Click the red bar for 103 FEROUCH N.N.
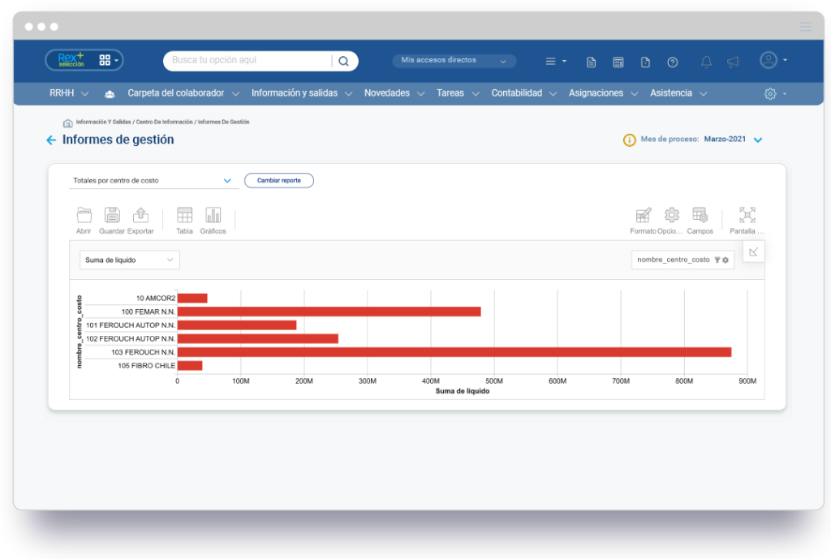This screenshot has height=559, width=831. [454, 352]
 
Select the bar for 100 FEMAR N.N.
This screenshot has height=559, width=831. [329, 312]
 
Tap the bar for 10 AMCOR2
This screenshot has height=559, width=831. [192, 298]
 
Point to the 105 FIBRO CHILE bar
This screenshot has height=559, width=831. [190, 366]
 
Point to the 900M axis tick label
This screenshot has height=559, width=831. [747, 381]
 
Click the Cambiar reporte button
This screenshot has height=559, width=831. [279, 180]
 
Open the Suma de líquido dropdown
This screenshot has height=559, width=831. [130, 260]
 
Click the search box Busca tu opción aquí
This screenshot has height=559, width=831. [252, 61]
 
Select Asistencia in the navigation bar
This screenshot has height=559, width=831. [671, 93]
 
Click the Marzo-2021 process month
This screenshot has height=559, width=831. [726, 140]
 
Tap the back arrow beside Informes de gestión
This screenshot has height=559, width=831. [51, 140]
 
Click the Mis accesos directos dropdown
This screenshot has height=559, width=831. [454, 61]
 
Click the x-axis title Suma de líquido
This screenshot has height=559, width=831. [463, 391]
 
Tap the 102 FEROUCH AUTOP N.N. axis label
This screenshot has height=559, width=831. [131, 338]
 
